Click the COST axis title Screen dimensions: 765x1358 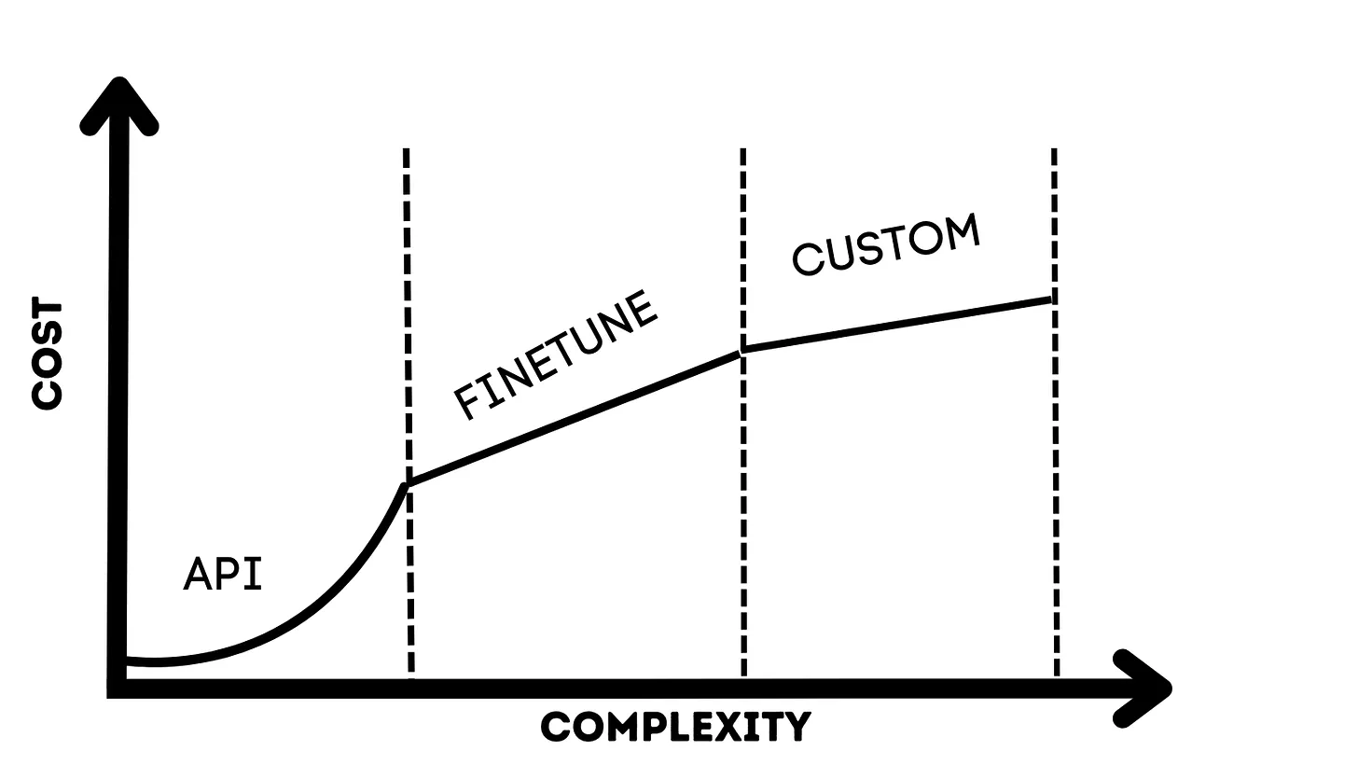pos(47,355)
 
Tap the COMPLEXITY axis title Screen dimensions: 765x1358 pos(676,726)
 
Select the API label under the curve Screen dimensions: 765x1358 pos(223,574)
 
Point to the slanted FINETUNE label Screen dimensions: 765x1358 pos(557,355)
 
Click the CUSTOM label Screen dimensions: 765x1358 pos(886,244)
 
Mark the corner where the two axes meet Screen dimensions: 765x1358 pos(118,688)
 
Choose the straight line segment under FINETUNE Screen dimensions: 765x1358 pos(574,418)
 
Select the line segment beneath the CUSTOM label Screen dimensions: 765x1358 pos(895,325)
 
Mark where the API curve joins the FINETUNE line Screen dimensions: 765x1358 pos(408,484)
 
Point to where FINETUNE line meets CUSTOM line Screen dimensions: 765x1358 pos(743,352)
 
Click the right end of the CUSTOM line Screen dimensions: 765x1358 pos(1051,299)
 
